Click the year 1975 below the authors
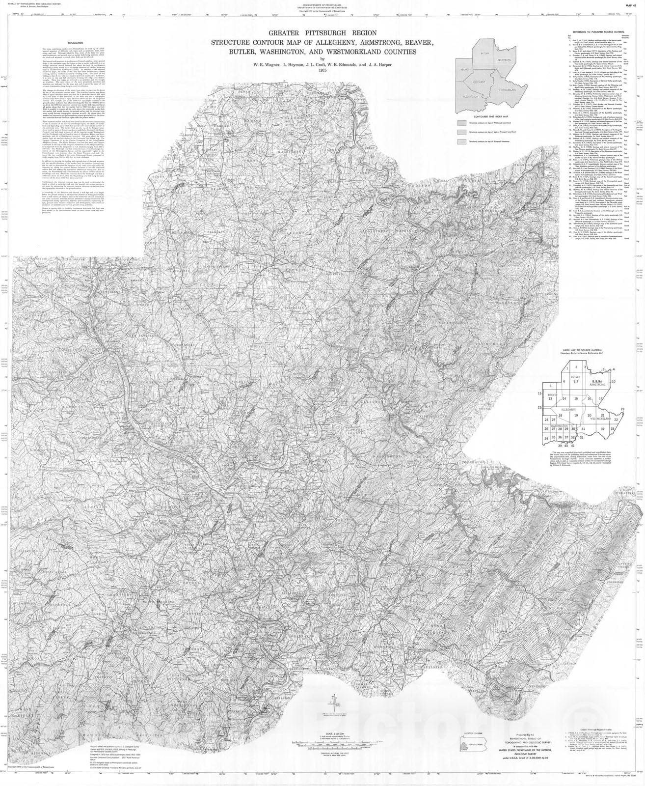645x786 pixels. [x=322, y=70]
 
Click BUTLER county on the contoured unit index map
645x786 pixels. [x=485, y=53]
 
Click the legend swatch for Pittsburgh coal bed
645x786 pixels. [x=461, y=123]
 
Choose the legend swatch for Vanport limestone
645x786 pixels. [x=461, y=141]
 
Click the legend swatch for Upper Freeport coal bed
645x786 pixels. [x=461, y=132]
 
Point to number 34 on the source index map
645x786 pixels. [x=546, y=437]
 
